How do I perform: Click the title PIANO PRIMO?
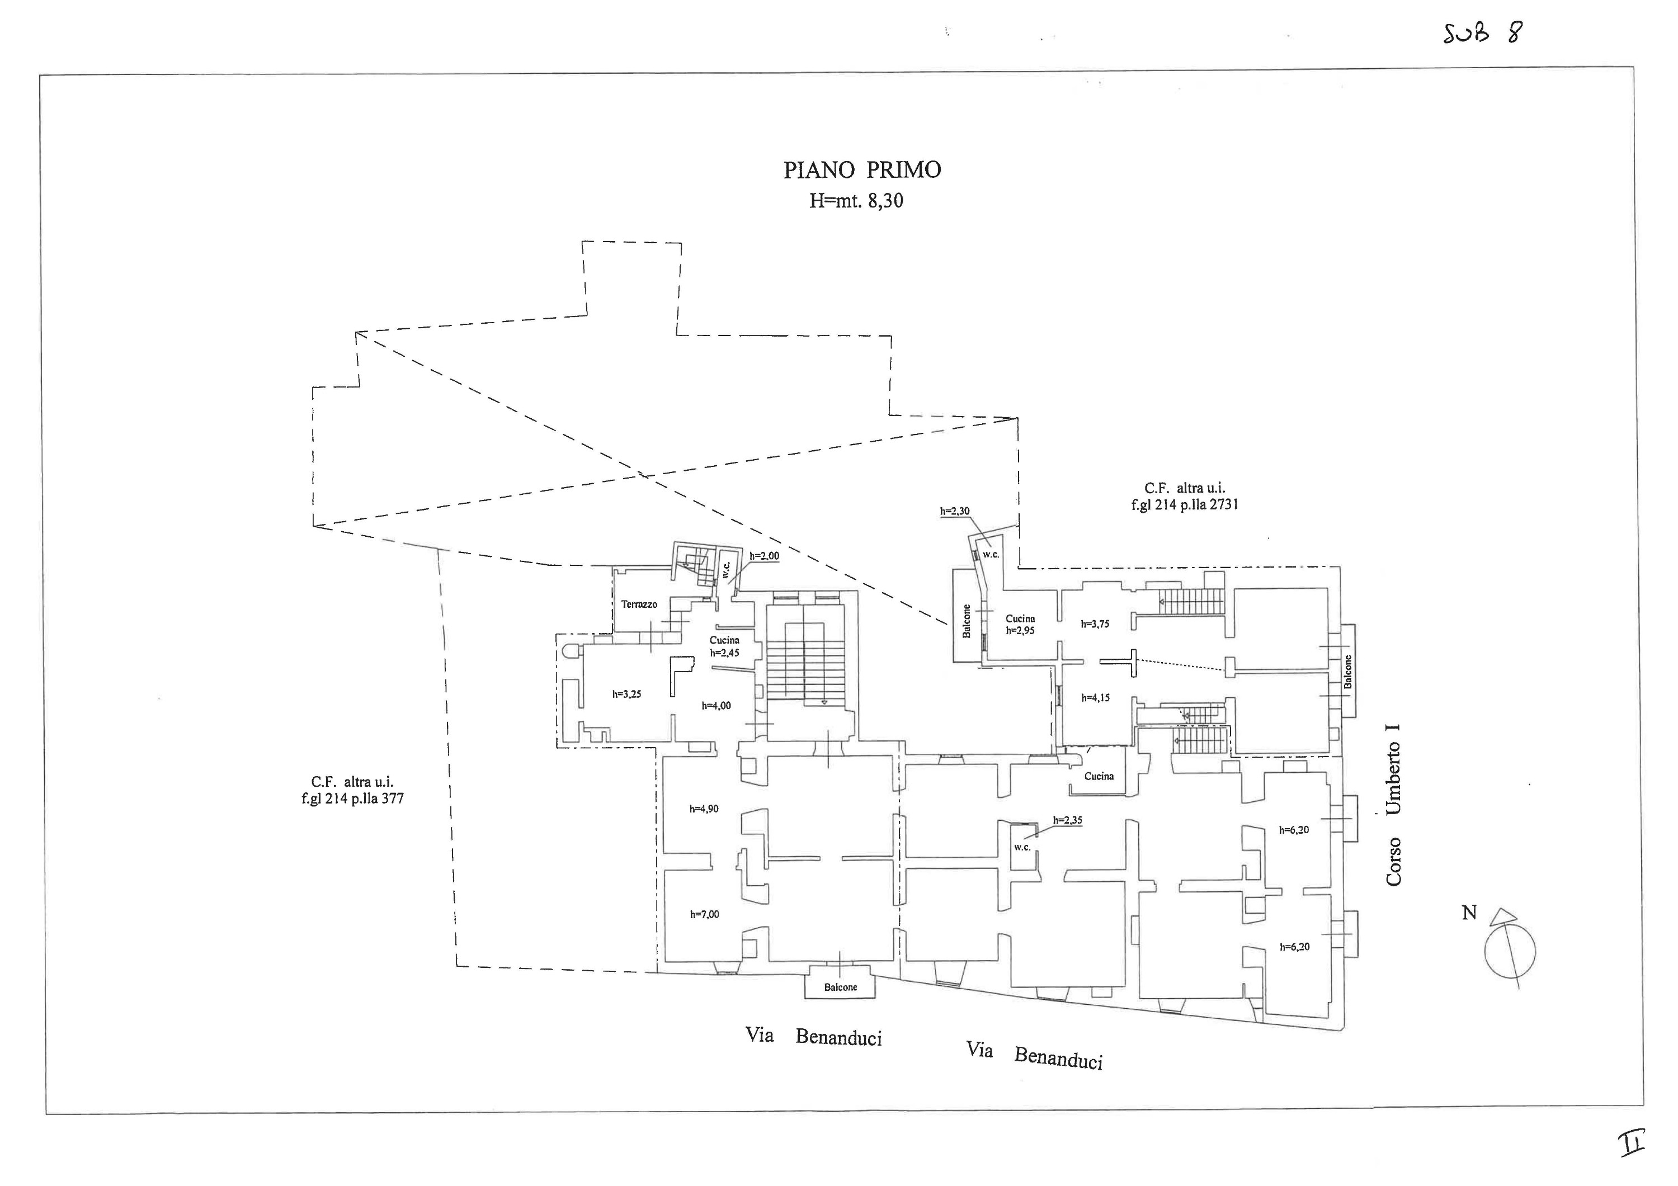(x=862, y=169)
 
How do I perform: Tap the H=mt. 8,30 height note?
(x=856, y=201)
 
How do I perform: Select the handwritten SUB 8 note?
(x=1483, y=34)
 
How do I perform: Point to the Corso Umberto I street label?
(x=1393, y=805)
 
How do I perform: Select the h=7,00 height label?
(x=705, y=914)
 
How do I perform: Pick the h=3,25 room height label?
(x=626, y=694)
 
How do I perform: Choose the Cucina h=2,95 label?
(x=1020, y=625)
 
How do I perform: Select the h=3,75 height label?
(x=1095, y=624)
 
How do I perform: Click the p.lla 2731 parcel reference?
(x=1185, y=504)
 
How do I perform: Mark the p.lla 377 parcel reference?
(x=352, y=798)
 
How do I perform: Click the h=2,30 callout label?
(x=954, y=512)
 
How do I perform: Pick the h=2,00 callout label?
(x=763, y=556)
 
